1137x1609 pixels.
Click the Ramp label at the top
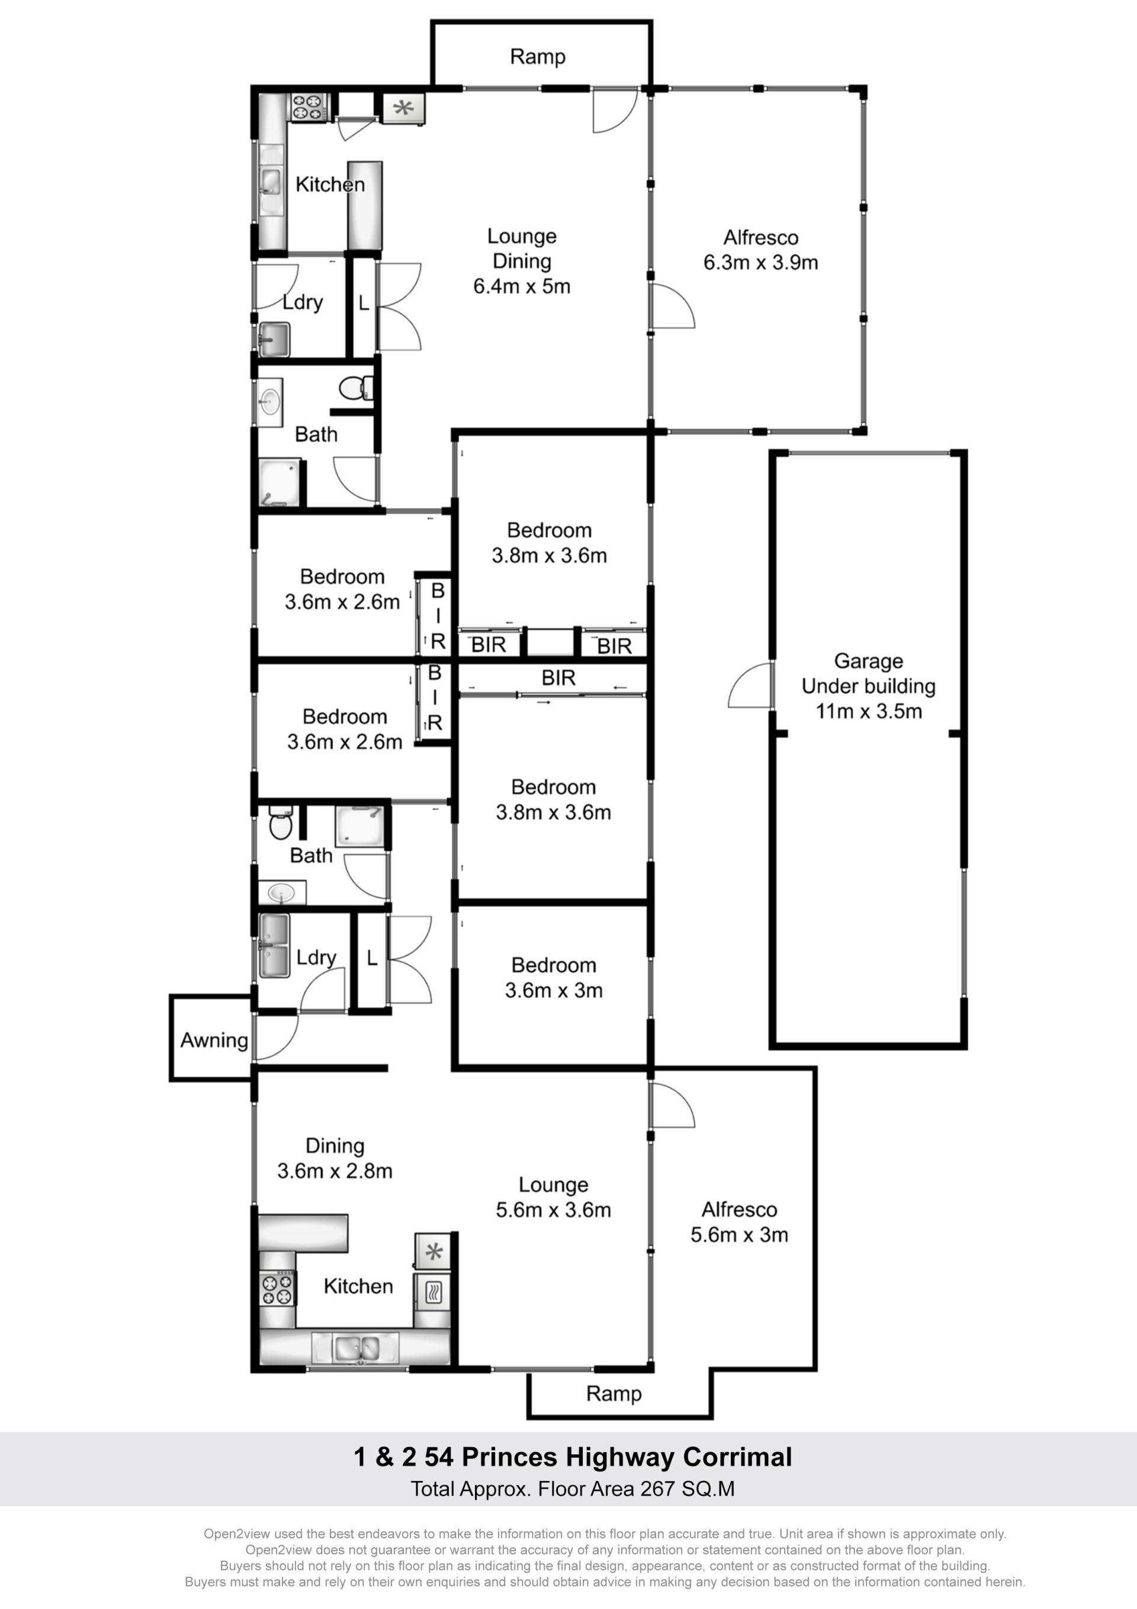click(x=537, y=57)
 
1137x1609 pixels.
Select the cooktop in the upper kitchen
click(x=309, y=107)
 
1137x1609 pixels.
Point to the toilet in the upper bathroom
click(x=356, y=387)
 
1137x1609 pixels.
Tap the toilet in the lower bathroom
click(x=280, y=823)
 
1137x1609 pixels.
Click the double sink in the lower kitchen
click(x=356, y=1347)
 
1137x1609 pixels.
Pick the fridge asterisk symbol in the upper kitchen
click(x=403, y=108)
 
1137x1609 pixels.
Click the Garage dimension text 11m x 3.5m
click(x=869, y=711)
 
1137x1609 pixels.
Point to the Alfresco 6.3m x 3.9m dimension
click(x=761, y=263)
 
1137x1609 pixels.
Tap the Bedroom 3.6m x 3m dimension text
click(x=554, y=990)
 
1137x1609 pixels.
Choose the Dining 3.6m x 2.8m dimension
click(x=335, y=1171)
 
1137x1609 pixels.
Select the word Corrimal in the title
click(x=737, y=1457)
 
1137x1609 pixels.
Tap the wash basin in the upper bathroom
click(x=269, y=402)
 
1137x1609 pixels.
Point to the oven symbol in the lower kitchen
click(x=433, y=1292)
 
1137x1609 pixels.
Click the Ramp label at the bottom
click(x=614, y=1394)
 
